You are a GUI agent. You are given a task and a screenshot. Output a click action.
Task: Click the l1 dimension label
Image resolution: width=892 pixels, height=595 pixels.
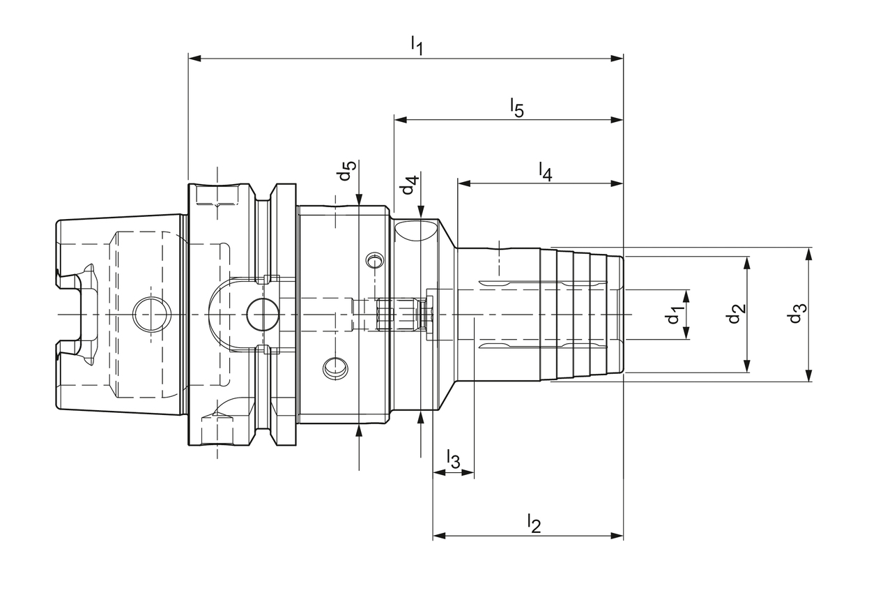[417, 45]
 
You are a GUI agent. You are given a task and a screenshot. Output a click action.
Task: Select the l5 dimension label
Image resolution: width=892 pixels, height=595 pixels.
[516, 108]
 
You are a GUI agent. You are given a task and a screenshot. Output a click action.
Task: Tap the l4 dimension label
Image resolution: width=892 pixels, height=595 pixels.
[546, 171]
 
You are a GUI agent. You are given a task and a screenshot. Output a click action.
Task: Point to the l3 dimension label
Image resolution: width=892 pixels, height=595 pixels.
[453, 460]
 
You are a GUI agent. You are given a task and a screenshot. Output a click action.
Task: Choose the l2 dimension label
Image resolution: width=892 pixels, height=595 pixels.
[534, 523]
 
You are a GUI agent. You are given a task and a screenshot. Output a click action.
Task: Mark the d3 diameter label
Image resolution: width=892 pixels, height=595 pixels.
[796, 315]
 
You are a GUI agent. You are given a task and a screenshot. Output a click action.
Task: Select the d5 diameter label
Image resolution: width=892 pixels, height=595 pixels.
[347, 171]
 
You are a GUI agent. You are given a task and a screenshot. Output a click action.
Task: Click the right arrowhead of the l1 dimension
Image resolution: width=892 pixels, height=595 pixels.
[617, 58]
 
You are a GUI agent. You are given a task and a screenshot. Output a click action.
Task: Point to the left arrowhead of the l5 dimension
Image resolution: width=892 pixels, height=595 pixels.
[400, 120]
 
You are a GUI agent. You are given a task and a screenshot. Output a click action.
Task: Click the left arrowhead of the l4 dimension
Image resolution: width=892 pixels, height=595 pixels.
[463, 183]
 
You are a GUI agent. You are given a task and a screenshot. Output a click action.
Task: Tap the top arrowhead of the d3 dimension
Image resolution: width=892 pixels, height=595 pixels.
[808, 253]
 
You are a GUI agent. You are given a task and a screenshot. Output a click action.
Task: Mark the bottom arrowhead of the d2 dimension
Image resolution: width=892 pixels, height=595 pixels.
[747, 366]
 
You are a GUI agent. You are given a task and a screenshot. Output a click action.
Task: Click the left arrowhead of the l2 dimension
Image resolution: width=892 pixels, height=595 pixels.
[439, 536]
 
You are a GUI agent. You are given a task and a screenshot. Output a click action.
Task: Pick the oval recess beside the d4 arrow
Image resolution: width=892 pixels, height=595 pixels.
[416, 230]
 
